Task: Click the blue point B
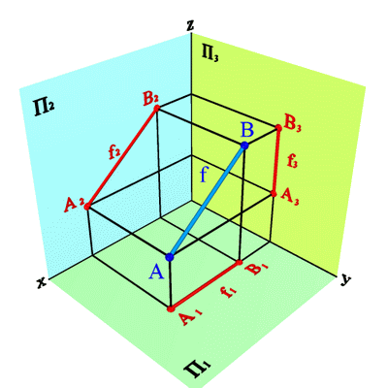pyautogui.click(x=244, y=145)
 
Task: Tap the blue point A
pyautogui.click(x=170, y=257)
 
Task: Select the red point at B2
pyautogui.click(x=157, y=109)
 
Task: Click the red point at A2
pyautogui.click(x=87, y=207)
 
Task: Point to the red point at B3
pyautogui.click(x=278, y=128)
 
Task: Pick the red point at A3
pyautogui.click(x=274, y=194)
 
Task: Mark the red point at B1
pyautogui.click(x=240, y=262)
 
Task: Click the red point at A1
pyautogui.click(x=170, y=308)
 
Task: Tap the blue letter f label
pyautogui.click(x=203, y=175)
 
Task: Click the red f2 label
pyautogui.click(x=113, y=152)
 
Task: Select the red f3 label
pyautogui.click(x=292, y=161)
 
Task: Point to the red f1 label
pyautogui.click(x=228, y=292)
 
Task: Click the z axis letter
pyautogui.click(x=191, y=26)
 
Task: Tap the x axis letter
pyautogui.click(x=42, y=282)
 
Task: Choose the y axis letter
pyautogui.click(x=345, y=279)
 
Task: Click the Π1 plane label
pyautogui.click(x=197, y=369)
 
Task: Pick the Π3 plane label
pyautogui.click(x=210, y=52)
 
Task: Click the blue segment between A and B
pyautogui.click(x=207, y=202)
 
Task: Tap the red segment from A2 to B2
pyautogui.click(x=122, y=157)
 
